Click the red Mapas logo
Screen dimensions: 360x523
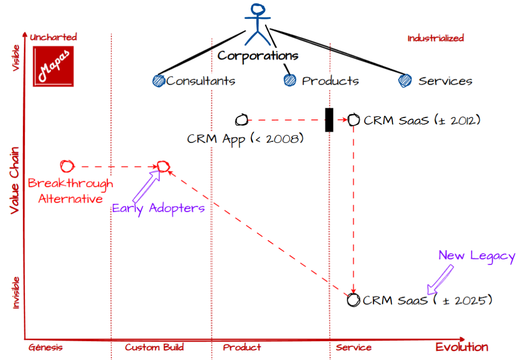point(53,66)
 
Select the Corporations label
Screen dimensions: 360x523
point(257,55)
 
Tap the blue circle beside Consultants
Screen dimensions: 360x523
point(159,80)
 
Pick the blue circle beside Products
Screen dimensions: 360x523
point(290,80)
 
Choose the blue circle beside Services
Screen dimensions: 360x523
point(405,80)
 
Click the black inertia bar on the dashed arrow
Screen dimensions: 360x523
point(329,120)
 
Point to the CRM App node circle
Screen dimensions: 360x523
point(242,121)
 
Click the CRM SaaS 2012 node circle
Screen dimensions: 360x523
point(354,121)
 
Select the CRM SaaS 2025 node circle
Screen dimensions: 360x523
point(353,300)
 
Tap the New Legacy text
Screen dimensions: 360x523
point(477,256)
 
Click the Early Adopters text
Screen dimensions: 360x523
point(158,208)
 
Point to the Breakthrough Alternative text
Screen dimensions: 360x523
point(70,191)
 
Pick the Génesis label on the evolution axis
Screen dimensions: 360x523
point(45,348)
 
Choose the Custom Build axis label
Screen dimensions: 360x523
point(154,348)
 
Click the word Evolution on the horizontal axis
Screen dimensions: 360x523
point(462,347)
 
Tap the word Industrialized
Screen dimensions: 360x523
point(435,38)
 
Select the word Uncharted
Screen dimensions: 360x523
point(53,37)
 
